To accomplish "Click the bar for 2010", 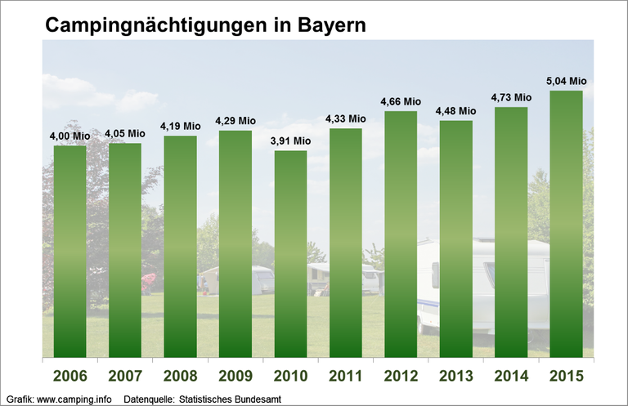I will (290, 253).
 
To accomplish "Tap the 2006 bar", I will (70, 251).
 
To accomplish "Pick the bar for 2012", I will (401, 234).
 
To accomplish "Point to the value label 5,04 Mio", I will (566, 81).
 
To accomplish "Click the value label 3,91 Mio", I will (290, 141).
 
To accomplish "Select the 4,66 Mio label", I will (401, 101).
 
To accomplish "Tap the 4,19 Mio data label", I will (180, 126).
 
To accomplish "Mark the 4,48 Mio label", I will (455, 111).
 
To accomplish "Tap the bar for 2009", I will (235, 243).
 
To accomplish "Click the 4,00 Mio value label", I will (70, 136).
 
